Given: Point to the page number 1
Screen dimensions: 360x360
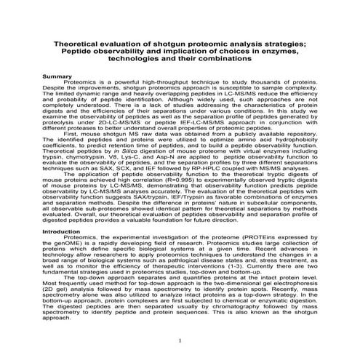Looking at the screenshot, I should point(180,340).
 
